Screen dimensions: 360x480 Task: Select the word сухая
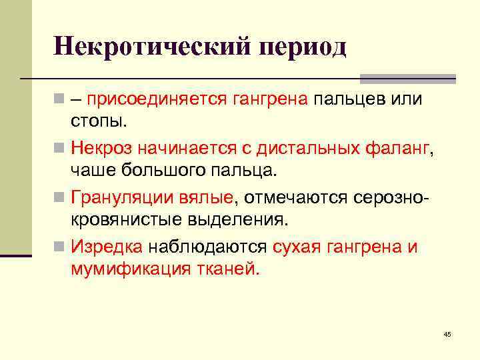[297, 247]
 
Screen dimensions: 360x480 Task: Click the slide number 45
[447, 333]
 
